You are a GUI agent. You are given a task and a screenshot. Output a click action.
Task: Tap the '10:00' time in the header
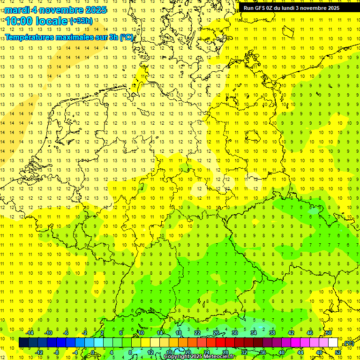coord(19,21)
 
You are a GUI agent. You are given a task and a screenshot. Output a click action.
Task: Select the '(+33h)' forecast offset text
coord(81,21)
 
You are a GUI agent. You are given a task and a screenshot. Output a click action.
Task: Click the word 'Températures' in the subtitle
coord(31,37)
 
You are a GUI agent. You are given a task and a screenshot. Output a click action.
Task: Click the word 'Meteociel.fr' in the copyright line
coord(219,357)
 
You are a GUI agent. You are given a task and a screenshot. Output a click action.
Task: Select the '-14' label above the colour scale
coord(29,333)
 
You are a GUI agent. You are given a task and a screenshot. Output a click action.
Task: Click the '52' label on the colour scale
coord(338,352)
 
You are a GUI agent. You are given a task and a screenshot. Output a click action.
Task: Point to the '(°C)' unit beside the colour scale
coord(349,343)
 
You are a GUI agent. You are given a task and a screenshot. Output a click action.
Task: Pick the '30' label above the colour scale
coord(234,333)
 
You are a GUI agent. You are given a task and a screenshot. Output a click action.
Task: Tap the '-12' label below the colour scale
coord(39,352)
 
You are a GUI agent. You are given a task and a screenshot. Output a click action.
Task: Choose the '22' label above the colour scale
coord(197,333)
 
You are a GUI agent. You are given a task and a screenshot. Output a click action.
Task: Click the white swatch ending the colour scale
coord(333,343)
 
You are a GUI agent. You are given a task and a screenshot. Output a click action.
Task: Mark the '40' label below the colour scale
coord(281,352)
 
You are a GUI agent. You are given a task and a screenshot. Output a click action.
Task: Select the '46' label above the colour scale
coord(309,333)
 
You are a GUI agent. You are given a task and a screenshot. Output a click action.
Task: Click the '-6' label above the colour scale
coord(66,333)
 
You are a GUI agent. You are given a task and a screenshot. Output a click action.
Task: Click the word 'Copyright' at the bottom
coord(177,357)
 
